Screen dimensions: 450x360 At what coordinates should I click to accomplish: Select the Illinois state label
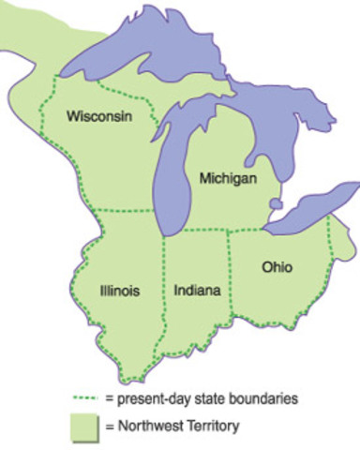[119, 291]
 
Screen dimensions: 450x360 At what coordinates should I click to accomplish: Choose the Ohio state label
[277, 267]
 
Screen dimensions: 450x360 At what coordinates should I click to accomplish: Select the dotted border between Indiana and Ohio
[228, 281]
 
